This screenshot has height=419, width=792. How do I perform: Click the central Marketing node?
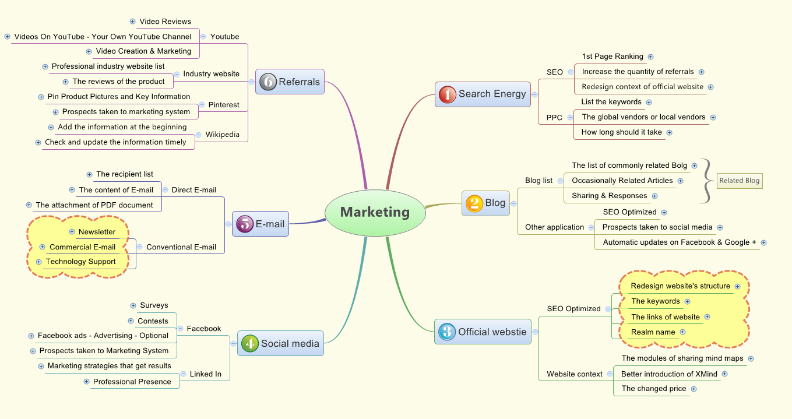(375, 212)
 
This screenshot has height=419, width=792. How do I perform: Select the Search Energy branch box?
(483, 94)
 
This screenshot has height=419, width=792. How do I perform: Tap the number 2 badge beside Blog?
(474, 203)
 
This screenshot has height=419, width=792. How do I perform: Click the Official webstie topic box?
(483, 332)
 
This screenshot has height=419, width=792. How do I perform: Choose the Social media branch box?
(280, 343)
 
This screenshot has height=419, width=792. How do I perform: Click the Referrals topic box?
(290, 82)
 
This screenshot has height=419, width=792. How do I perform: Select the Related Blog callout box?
(739, 181)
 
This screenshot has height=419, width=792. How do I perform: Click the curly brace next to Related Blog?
(706, 181)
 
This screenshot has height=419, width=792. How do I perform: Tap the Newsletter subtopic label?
(97, 232)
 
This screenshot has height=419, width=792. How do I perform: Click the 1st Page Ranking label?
(613, 57)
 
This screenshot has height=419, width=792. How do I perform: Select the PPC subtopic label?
(554, 118)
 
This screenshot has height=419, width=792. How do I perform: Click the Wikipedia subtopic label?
(222, 135)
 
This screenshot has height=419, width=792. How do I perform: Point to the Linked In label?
(205, 374)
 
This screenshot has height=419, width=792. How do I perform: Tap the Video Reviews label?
(165, 22)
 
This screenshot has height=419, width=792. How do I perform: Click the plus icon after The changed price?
(694, 389)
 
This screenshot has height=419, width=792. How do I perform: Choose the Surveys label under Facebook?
(154, 305)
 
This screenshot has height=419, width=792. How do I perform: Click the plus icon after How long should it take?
(670, 132)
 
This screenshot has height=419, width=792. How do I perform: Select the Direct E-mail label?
(193, 190)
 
